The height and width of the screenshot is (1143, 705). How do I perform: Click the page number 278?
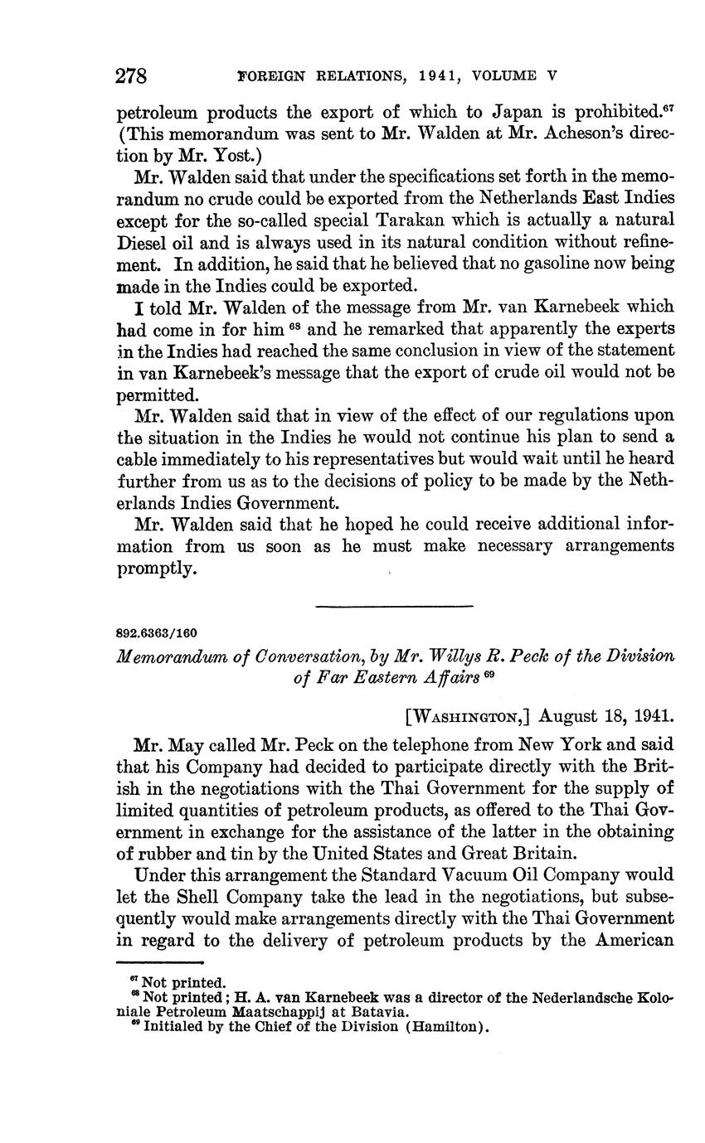tap(131, 77)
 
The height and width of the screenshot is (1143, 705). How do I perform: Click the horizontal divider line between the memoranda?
tap(395, 607)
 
